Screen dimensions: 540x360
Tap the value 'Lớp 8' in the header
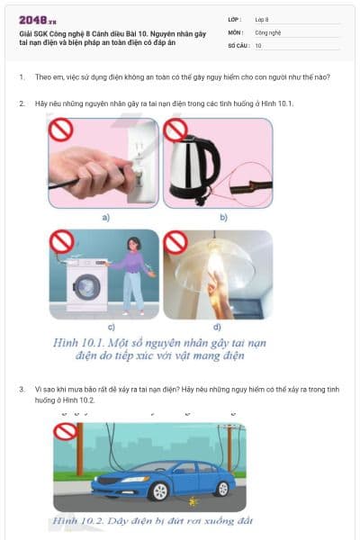pyautogui.click(x=262, y=19)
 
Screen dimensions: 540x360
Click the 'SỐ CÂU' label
pyautogui.click(x=238, y=44)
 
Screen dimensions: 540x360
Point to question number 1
pyautogui.click(x=22, y=77)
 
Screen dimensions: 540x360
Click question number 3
pyautogui.click(x=22, y=389)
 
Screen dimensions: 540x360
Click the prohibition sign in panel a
pyautogui.click(x=60, y=130)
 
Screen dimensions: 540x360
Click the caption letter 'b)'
pyautogui.click(x=223, y=218)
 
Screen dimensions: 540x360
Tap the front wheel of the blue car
pyautogui.click(x=136, y=491)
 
